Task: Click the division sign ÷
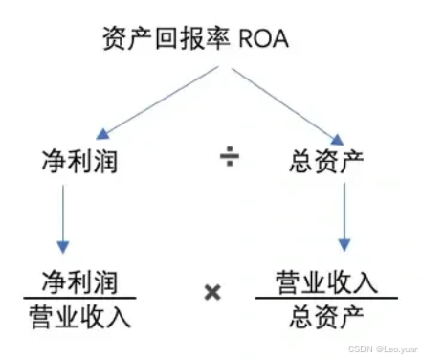[230, 159]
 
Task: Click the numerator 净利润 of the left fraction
[79, 281]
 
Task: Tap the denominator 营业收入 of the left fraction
[79, 313]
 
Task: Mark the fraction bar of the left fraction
[79, 298]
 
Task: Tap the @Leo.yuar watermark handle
[394, 350]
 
